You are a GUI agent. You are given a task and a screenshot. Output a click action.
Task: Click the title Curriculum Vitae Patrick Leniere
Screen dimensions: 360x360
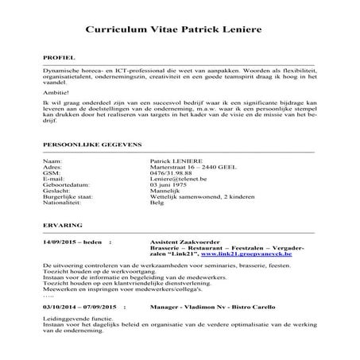[180, 29]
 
